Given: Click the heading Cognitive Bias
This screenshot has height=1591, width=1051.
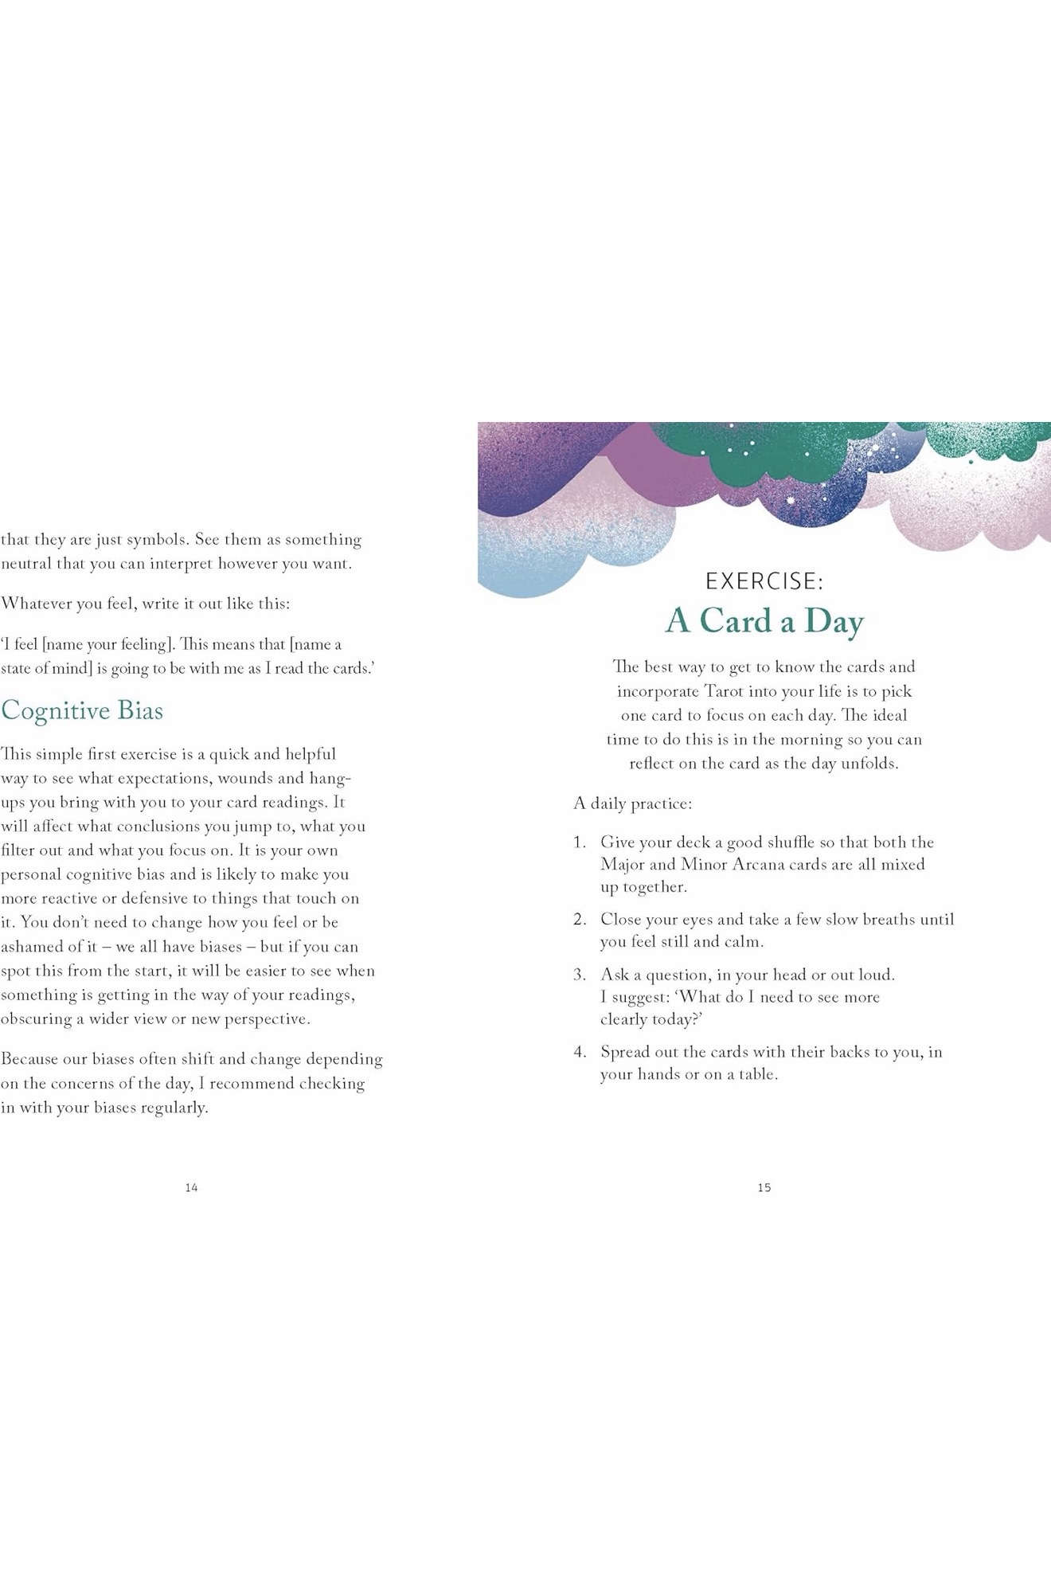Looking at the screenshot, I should (x=82, y=710).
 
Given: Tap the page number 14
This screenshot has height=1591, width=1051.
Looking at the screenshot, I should (x=191, y=1187).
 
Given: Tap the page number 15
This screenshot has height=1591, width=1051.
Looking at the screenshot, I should (x=764, y=1187).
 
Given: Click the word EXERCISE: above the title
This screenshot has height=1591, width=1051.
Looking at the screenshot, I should (x=764, y=581).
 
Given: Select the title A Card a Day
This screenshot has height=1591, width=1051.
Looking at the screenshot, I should (x=764, y=621).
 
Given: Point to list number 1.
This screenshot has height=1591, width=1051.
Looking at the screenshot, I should (x=579, y=842).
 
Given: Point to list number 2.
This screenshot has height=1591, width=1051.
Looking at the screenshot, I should (x=579, y=920).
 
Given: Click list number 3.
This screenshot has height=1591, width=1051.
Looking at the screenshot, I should (x=579, y=975).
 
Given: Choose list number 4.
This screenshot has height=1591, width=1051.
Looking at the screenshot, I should (x=579, y=1052).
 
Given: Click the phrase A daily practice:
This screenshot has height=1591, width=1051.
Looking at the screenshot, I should (x=632, y=803).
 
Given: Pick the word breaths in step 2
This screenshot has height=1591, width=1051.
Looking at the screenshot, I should (x=889, y=920).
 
